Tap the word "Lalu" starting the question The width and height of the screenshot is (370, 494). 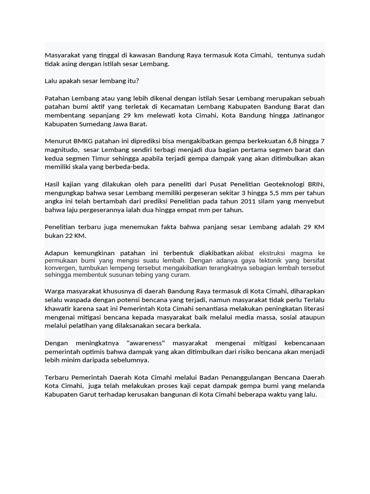[x=52, y=81]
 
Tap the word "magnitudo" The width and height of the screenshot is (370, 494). [x=61, y=150]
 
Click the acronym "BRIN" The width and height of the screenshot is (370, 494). [x=315, y=184]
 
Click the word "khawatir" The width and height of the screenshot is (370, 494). [x=58, y=308]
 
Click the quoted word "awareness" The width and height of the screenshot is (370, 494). [x=146, y=343]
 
